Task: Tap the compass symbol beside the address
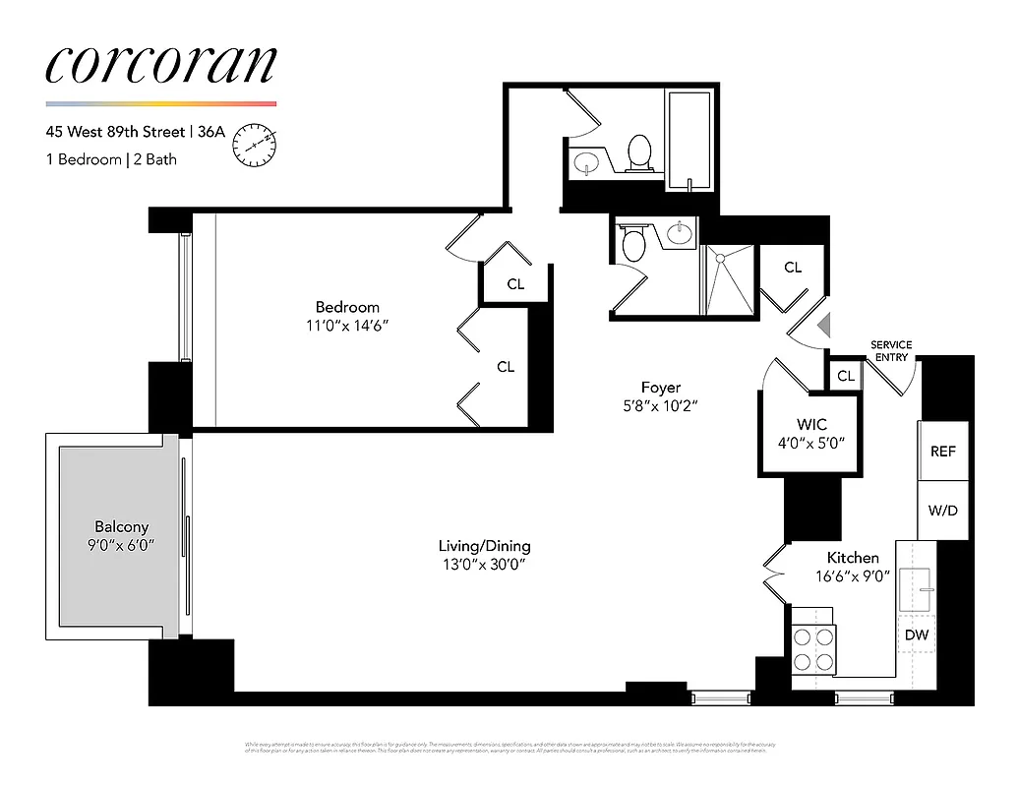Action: [254, 146]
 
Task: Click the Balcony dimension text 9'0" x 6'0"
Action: [121, 544]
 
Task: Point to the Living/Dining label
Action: [485, 546]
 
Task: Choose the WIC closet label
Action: [811, 424]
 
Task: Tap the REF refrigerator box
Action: [943, 451]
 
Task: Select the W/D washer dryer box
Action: [943, 511]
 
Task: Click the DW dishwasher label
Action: [916, 636]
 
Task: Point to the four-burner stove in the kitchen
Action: [813, 649]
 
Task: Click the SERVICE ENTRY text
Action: [891, 351]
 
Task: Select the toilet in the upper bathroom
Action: [640, 153]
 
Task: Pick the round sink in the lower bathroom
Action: [680, 233]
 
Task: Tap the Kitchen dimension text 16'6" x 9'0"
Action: [853, 577]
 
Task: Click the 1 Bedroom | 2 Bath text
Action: [111, 159]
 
